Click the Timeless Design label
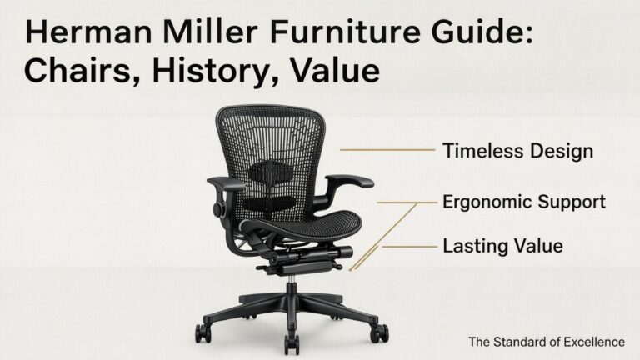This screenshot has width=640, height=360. point(517,151)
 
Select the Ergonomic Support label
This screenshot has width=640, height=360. point(523,202)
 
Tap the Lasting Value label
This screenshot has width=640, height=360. point(502,246)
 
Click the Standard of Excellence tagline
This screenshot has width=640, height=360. point(546,341)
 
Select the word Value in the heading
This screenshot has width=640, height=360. point(337,70)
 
